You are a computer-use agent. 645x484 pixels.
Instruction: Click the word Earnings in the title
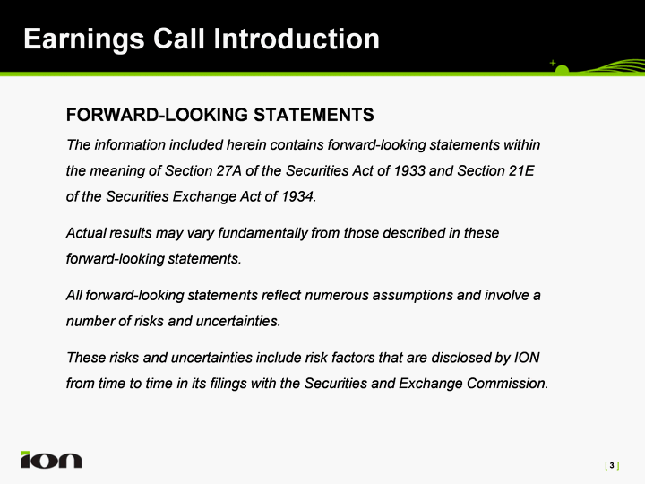[x=84, y=40]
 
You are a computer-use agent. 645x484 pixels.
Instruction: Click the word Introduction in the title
[x=297, y=39]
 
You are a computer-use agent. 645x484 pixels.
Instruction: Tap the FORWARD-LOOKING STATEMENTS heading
[x=220, y=115]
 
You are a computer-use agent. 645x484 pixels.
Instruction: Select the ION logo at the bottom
[x=51, y=459]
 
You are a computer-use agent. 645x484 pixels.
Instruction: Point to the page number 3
[x=612, y=465]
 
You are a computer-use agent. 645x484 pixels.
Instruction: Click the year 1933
[x=409, y=170]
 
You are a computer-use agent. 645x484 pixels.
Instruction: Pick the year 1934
[x=297, y=196]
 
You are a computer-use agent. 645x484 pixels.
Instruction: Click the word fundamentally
[x=262, y=233]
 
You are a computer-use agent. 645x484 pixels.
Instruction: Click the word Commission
[x=507, y=384]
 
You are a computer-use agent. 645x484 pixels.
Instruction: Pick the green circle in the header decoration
[x=562, y=70]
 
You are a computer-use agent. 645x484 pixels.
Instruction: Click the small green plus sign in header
[x=553, y=63]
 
